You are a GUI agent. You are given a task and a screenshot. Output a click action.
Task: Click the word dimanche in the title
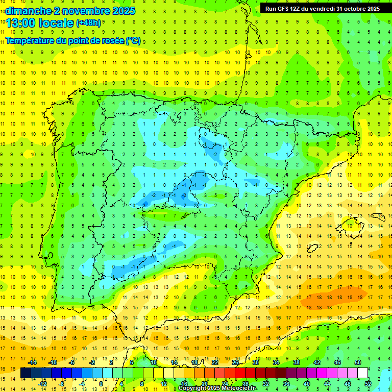point(27,11)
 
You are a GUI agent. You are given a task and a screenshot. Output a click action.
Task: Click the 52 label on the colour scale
point(367,384)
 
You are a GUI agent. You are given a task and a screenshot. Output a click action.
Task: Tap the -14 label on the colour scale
point(33,362)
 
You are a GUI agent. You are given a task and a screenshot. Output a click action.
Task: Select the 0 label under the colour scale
point(101,384)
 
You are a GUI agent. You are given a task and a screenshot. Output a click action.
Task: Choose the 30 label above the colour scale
point(255,362)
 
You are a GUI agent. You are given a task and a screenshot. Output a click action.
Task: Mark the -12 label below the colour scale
point(43,384)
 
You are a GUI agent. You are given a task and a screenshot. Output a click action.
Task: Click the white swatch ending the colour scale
point(362,373)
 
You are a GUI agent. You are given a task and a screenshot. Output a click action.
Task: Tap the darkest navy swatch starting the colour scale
point(26,373)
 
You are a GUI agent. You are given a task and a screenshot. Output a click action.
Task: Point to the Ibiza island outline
point(314,249)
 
